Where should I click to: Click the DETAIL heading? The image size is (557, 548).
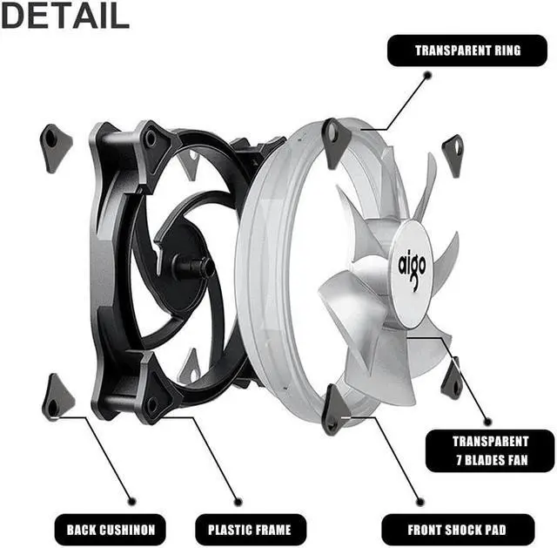point(65,15)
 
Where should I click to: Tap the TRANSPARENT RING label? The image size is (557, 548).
point(467,50)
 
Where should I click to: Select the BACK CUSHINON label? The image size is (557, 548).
point(111,528)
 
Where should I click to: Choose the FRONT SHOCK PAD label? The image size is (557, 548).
point(457,528)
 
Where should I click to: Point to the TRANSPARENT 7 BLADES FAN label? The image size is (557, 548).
point(490,450)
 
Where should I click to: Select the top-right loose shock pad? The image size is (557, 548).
point(453,153)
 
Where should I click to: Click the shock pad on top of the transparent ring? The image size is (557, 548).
point(334,141)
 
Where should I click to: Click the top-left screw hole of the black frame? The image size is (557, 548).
point(151,138)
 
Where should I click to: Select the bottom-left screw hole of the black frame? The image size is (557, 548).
point(152,403)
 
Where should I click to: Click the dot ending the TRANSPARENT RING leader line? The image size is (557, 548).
point(427,76)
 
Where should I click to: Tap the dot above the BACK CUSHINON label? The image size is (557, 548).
point(132,500)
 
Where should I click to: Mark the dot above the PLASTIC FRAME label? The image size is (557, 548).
point(239,501)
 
